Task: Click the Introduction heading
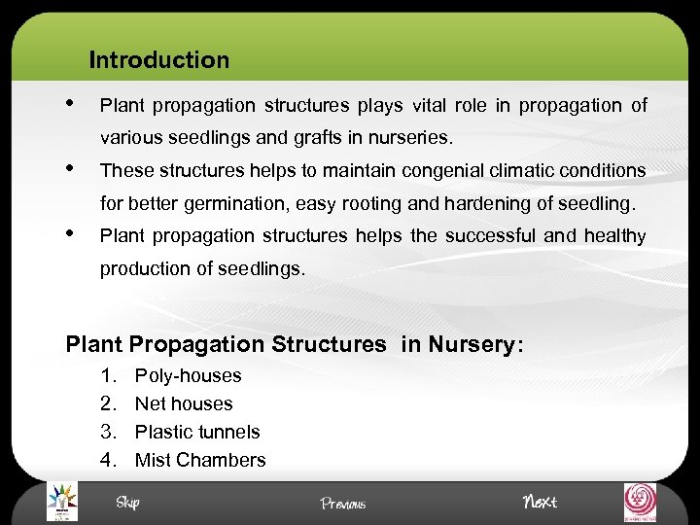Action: click(x=158, y=60)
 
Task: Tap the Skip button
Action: click(x=127, y=502)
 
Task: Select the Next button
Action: click(x=540, y=502)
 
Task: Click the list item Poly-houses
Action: click(x=188, y=375)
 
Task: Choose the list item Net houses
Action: click(x=184, y=403)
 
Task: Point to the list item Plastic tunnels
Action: click(x=197, y=432)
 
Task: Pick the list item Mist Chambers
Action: click(x=200, y=460)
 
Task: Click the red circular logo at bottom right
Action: click(x=640, y=503)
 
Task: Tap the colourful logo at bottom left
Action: click(x=62, y=503)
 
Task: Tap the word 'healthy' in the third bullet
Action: click(x=614, y=235)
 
